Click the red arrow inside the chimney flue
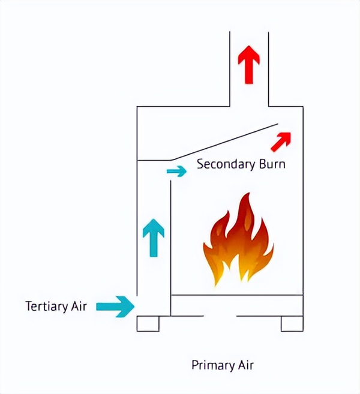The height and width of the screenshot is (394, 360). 249,64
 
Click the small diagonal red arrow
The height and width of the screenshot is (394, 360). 281,142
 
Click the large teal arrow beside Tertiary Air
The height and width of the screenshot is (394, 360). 115,306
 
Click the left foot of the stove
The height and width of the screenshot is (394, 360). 148,323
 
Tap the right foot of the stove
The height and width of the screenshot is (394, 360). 292,323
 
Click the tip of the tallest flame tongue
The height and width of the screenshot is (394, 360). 245,194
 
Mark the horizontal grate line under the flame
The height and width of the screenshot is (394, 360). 237,295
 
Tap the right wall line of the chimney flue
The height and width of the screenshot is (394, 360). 268,69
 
